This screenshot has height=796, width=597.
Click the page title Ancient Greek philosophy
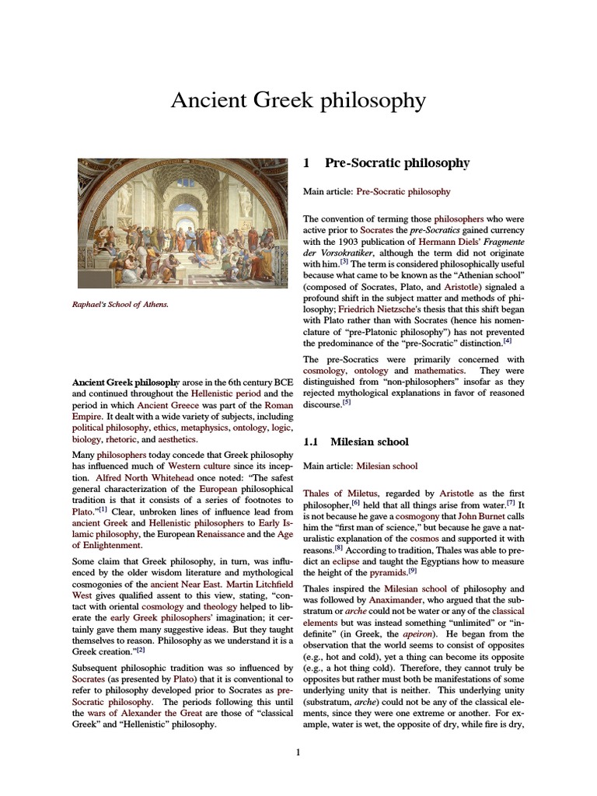[x=298, y=100]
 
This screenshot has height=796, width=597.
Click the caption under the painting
[x=120, y=304]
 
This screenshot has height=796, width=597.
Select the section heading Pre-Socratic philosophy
[x=396, y=163]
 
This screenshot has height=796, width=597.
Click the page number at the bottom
[x=298, y=752]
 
